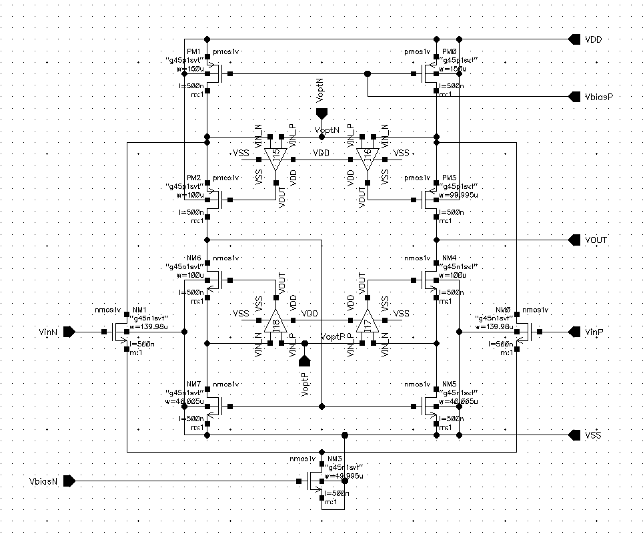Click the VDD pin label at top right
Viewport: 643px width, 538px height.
pos(593,40)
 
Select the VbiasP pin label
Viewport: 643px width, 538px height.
pos(599,97)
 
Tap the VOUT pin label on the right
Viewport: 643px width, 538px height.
pos(596,240)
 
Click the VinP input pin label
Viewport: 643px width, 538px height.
pos(594,332)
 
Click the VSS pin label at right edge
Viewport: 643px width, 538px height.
pos(593,435)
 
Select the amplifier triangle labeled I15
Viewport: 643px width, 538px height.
pos(275,158)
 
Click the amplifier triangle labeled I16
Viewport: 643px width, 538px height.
pos(365,158)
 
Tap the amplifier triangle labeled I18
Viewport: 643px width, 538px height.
pos(275,323)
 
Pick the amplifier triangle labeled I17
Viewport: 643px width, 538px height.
pos(365,323)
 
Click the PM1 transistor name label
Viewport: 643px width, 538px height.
pos(193,51)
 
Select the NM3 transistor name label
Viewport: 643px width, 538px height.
pos(334,459)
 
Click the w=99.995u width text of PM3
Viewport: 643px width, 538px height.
pos(459,195)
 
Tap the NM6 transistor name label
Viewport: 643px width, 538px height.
pos(193,258)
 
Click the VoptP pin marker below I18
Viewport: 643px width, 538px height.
pos(305,361)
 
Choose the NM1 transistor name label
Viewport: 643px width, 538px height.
pos(139,310)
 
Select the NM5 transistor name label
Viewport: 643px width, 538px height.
pos(449,384)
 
